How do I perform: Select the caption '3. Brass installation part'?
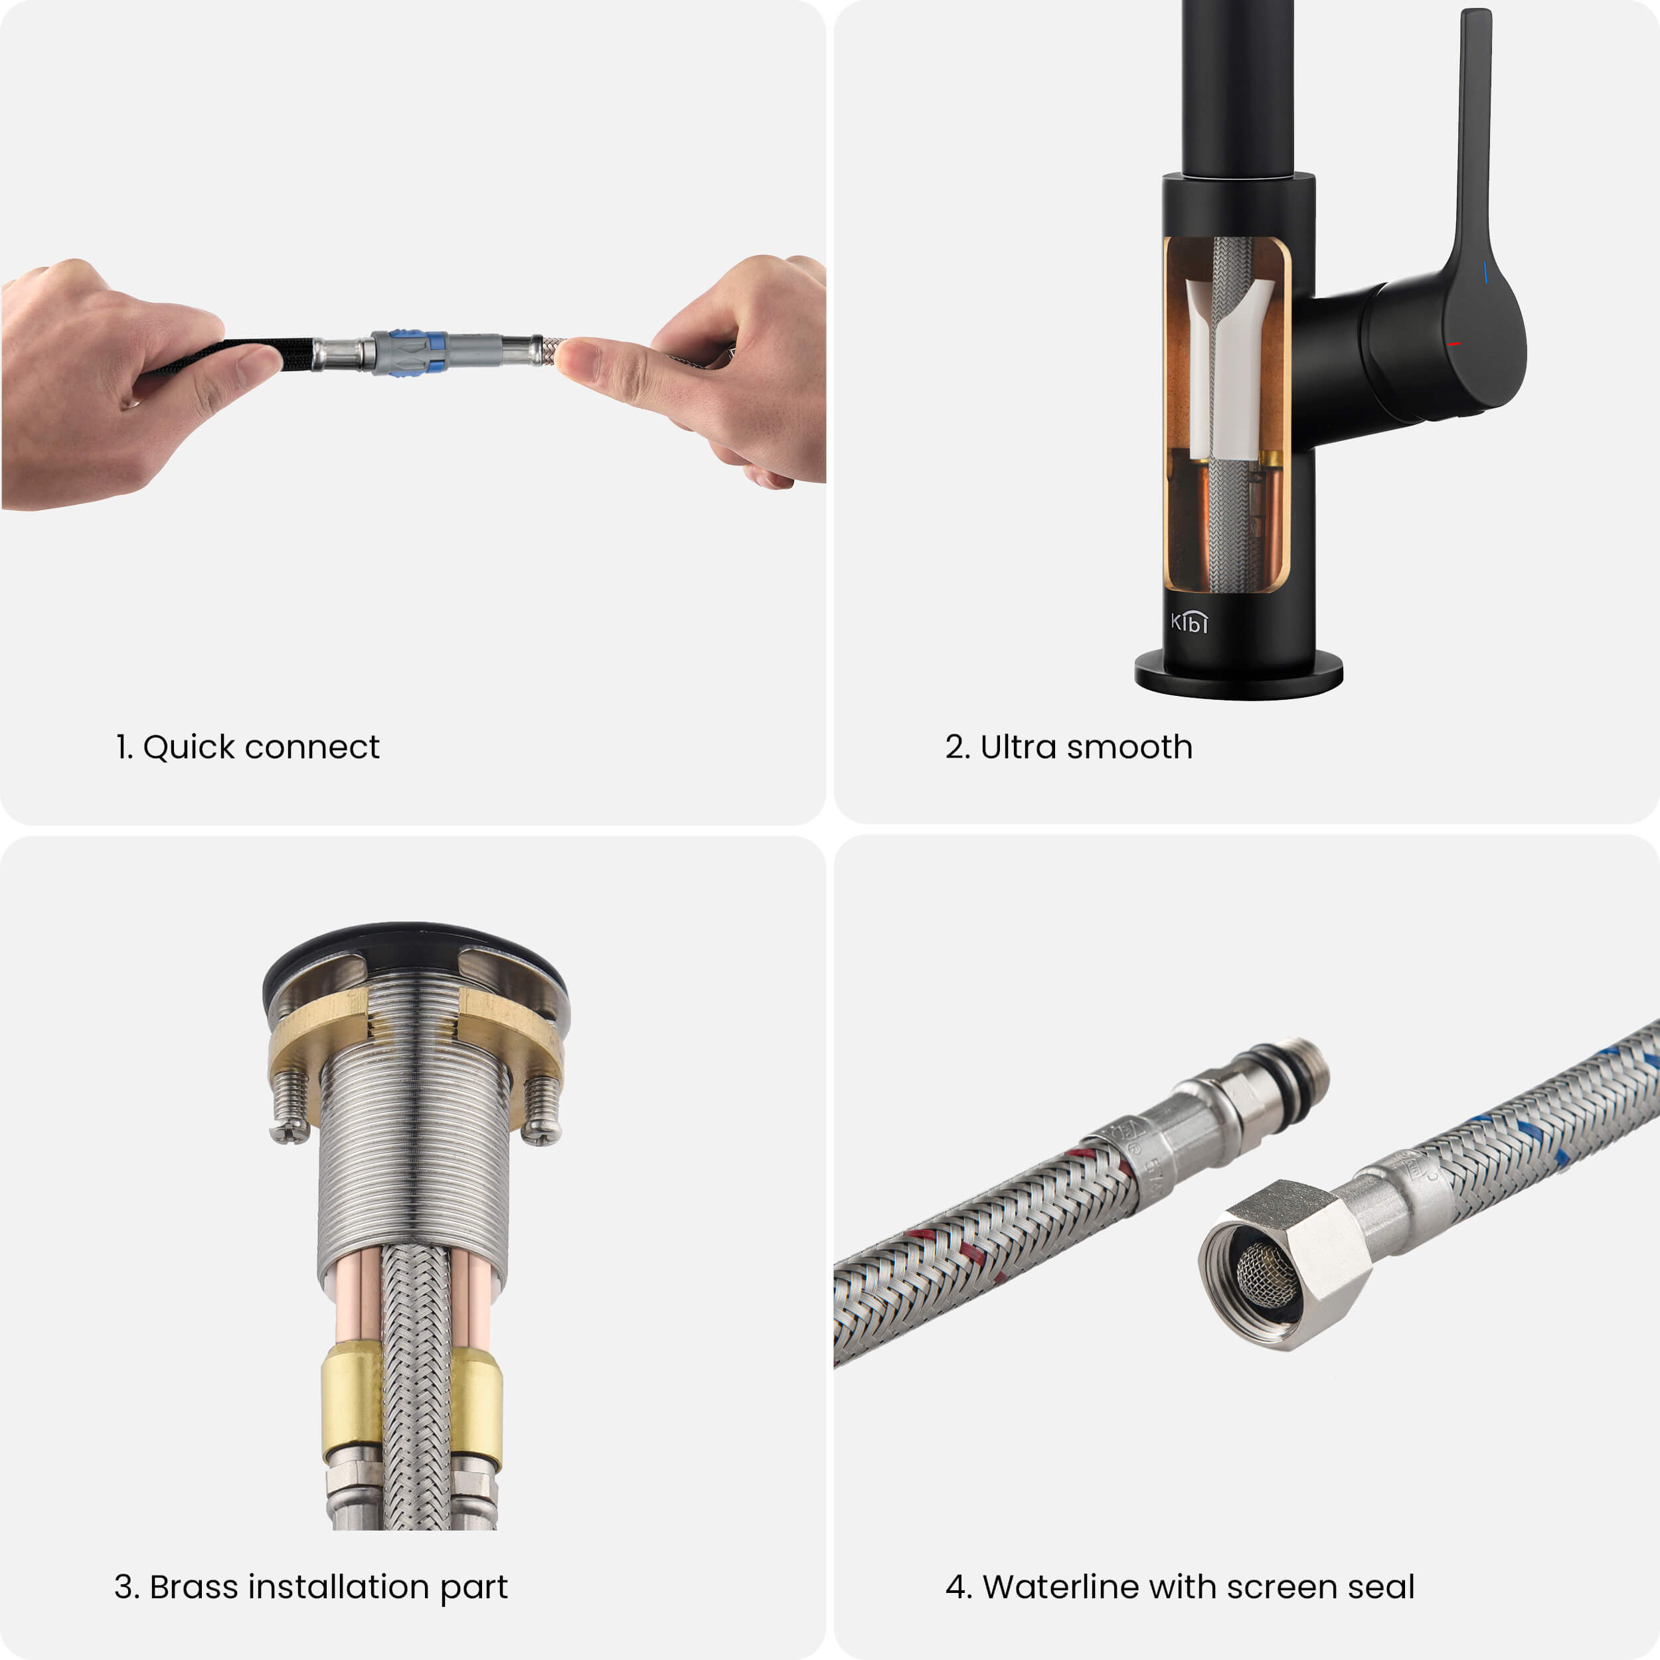(311, 1587)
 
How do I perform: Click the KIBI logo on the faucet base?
(1189, 622)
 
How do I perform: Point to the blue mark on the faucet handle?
(1485, 273)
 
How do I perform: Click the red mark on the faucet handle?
(1453, 345)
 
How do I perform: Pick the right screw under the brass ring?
(541, 1110)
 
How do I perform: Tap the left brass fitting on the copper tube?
(351, 1404)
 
